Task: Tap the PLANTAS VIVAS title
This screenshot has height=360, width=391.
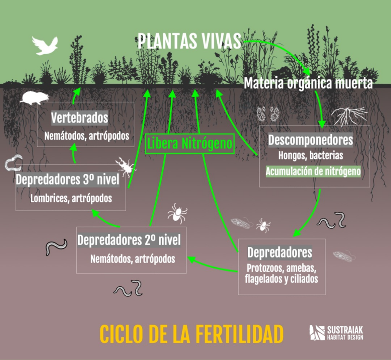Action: tap(189, 41)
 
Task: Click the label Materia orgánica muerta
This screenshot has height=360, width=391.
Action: tap(308, 83)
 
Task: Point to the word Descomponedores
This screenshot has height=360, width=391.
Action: tap(310, 140)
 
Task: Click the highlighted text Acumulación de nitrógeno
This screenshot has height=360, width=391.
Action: tap(313, 171)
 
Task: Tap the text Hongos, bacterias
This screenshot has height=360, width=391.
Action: tap(310, 156)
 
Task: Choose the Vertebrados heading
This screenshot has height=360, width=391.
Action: tap(79, 118)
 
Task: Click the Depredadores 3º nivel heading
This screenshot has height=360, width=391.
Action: tap(68, 180)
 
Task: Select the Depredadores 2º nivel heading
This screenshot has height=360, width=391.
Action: tap(129, 241)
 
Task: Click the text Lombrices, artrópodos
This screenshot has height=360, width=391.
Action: tap(71, 198)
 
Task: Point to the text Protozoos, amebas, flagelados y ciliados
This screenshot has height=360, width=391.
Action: tap(281, 273)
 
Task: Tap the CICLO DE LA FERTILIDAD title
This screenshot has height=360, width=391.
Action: tap(192, 334)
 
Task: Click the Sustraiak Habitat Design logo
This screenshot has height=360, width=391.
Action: tap(336, 333)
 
